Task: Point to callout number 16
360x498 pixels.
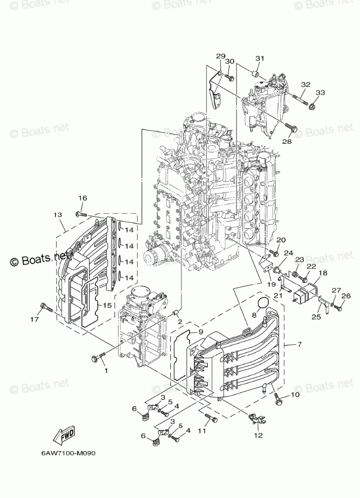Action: tap(82, 198)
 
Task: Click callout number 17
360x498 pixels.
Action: tap(33, 319)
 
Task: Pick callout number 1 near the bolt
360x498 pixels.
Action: tap(106, 370)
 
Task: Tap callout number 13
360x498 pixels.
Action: tap(57, 214)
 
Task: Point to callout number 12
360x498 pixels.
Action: tap(259, 435)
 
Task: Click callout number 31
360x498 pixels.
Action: tap(259, 58)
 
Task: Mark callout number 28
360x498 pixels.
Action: tap(287, 142)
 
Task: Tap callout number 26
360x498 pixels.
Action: tap(346, 296)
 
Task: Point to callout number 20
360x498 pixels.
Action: tap(281, 240)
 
